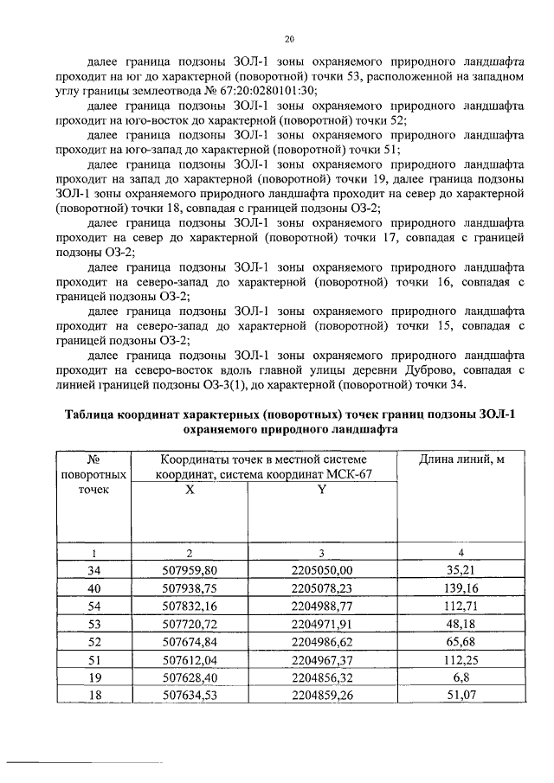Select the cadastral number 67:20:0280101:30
click(x=261, y=90)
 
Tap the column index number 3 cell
click(x=321, y=552)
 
